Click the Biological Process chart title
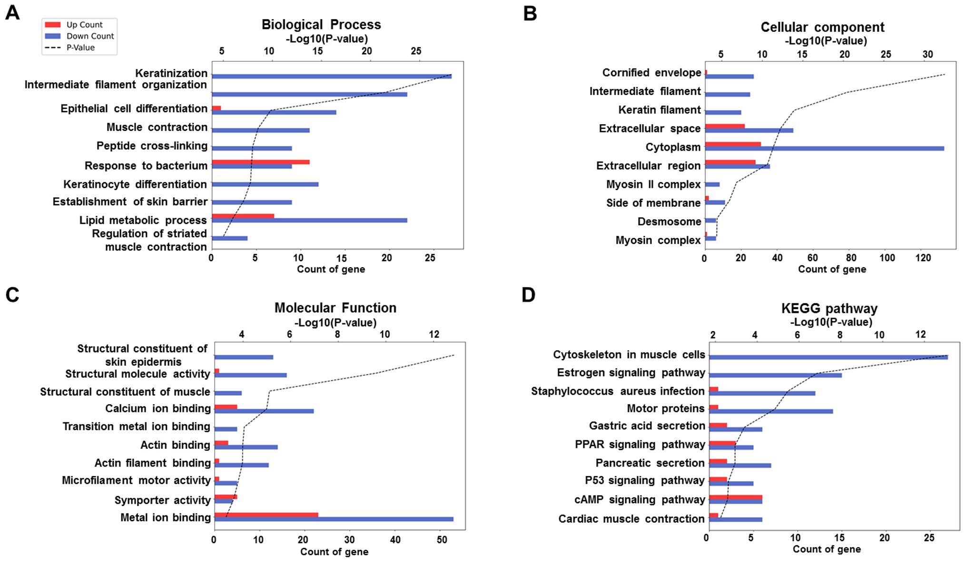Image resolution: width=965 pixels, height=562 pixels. pos(321,25)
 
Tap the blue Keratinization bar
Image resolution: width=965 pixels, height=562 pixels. pos(331,76)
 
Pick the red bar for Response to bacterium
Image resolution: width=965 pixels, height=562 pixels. pos(260,162)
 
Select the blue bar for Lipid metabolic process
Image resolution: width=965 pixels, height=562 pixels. pos(309,220)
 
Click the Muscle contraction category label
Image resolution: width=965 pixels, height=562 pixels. pos(157,127)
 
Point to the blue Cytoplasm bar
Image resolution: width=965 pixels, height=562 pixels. pos(824,149)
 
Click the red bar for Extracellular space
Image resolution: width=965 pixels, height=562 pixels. pos(724,126)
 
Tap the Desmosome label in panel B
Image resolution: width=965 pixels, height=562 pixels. pos(669,222)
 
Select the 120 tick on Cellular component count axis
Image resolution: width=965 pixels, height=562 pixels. pos(923,258)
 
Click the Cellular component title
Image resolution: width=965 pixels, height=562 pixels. pos(822,27)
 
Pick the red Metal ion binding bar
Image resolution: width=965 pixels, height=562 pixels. pos(266,514)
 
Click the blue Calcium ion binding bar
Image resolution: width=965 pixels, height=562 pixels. pos(264,411)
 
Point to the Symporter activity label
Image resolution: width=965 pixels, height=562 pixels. pos(162,500)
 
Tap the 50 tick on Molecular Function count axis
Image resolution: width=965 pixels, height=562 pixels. pos(442,540)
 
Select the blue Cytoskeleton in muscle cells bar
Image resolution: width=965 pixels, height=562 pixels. pos(828,357)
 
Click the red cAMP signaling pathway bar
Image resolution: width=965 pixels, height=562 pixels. pos(736,497)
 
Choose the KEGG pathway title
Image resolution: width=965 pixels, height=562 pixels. pos(829,309)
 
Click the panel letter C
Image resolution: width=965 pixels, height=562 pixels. pos(12,295)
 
